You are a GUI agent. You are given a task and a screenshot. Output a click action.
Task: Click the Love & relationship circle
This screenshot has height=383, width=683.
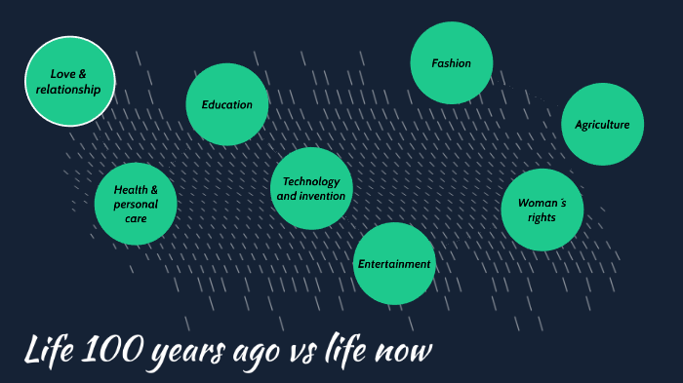(x=69, y=82)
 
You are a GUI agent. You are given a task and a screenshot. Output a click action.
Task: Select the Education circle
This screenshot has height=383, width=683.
(x=227, y=105)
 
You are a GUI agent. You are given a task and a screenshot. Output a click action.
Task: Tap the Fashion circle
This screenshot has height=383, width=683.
(x=452, y=63)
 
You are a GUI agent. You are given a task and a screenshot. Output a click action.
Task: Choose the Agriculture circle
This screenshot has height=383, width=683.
(x=602, y=125)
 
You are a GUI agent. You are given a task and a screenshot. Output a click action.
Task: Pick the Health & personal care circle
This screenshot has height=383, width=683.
(x=136, y=204)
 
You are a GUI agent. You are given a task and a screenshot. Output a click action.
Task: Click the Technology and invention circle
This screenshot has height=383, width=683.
(x=311, y=188)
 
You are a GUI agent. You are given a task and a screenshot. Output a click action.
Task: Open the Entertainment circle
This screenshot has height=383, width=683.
(x=393, y=263)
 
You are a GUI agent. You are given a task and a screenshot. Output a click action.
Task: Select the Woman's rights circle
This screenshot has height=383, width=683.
(x=542, y=210)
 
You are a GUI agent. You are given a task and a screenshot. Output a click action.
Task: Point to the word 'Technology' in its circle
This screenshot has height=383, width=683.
(x=311, y=181)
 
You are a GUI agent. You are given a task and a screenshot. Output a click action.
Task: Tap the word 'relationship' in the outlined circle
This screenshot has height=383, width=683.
(x=69, y=90)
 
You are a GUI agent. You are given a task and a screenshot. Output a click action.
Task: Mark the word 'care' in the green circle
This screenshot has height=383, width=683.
(x=136, y=219)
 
